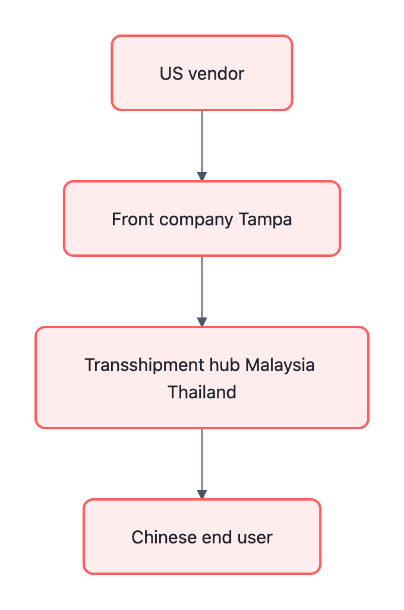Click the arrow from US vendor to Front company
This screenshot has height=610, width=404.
[202, 143]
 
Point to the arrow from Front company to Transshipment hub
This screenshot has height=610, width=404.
[202, 288]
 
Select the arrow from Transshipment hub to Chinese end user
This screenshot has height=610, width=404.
[202, 461]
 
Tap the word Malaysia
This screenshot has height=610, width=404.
[280, 364]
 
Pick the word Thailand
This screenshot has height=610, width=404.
[202, 392]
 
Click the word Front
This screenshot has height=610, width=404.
[128, 219]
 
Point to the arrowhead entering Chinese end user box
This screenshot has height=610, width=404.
[202, 494]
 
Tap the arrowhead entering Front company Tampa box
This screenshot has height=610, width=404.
[202, 177]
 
